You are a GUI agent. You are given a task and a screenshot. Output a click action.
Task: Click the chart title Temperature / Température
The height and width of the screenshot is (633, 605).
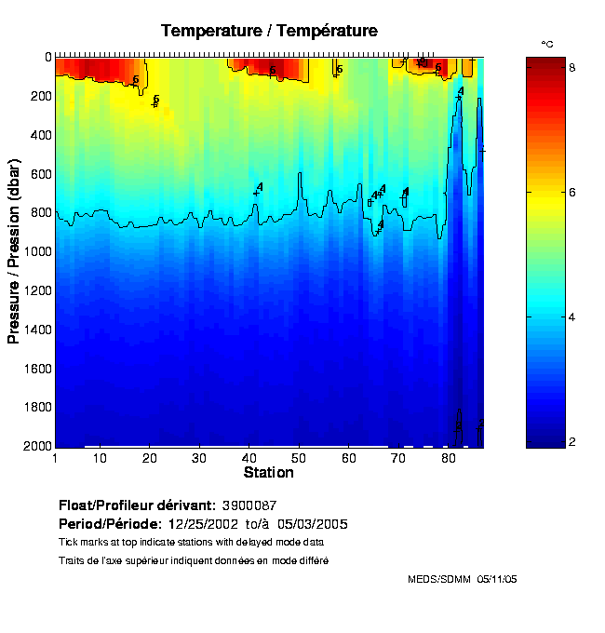pos(269,31)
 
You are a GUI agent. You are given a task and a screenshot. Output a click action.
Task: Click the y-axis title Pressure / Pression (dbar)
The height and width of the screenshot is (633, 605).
pos(14,251)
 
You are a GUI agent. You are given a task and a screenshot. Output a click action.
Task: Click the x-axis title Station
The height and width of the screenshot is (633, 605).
pos(269,473)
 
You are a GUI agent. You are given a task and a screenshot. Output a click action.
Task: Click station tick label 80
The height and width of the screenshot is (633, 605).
pos(449,459)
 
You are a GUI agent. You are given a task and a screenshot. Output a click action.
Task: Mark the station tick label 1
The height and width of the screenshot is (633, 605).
pos(56,459)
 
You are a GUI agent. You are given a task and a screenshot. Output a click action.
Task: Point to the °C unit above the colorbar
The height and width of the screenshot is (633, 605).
pos(547,44)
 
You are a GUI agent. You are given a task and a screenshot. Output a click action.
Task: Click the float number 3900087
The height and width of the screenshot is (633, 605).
pos(249,505)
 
